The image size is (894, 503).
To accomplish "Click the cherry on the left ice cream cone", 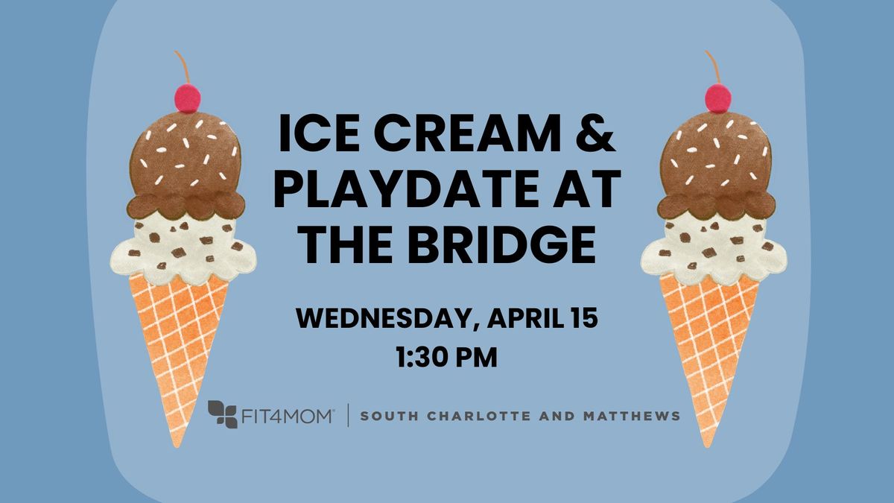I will click(x=188, y=97).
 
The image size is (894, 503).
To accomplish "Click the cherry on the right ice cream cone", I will click(x=718, y=97).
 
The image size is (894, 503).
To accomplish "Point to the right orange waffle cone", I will click(x=708, y=335).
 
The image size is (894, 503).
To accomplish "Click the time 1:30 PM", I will click(x=447, y=356).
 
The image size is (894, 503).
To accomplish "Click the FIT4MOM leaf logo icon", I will click(x=222, y=414).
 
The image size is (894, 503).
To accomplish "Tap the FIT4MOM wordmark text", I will click(x=287, y=415).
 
